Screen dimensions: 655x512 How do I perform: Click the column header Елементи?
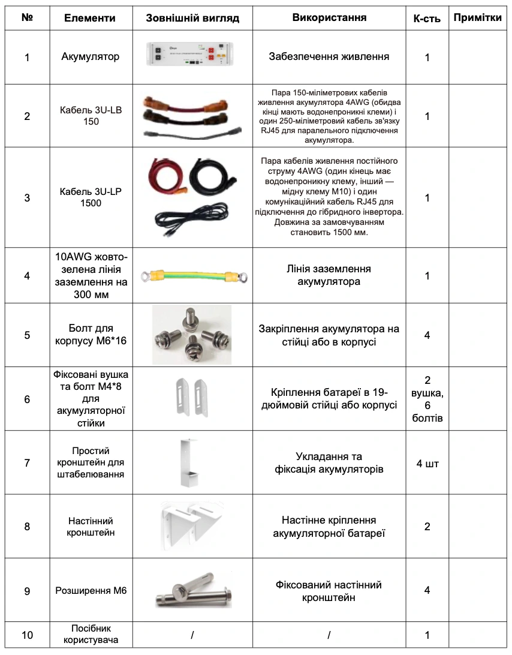pos(90,18)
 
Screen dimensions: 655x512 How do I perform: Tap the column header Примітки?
pos(477,17)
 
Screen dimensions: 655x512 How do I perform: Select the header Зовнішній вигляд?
pos(192,18)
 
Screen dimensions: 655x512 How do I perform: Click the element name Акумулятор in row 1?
pos(90,57)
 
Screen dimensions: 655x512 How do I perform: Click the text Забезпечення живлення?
pos(329,57)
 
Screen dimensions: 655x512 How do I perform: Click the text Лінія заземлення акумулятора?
pos(329,275)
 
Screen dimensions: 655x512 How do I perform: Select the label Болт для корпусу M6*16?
pos(90,335)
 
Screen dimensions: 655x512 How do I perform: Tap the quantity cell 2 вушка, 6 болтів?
pos(427,399)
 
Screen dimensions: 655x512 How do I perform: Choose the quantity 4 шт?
pos(427,462)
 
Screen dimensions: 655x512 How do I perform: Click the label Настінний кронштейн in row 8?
pos(90,527)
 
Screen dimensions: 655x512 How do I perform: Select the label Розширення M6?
pos(90,591)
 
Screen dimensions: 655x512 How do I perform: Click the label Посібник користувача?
pos(90,634)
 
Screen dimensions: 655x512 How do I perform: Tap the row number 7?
pos(27,462)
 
